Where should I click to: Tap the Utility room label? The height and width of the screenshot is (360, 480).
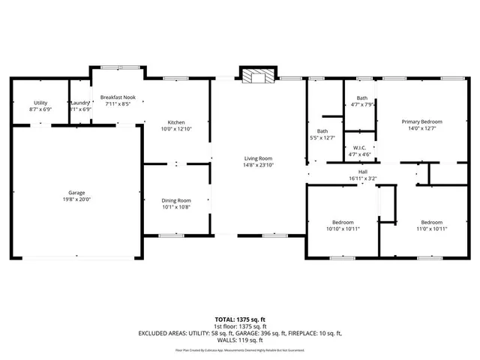tap(40, 103)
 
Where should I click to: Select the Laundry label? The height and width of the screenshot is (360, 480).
tap(80, 103)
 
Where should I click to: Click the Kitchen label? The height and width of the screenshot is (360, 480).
tap(176, 123)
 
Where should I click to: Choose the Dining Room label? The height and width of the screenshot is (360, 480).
tap(176, 200)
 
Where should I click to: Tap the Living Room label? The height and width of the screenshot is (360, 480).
tap(258, 158)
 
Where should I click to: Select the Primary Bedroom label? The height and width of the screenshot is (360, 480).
tap(421, 121)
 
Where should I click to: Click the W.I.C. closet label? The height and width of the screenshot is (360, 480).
tap(358, 148)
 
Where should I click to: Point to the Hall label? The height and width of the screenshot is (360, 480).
tap(362, 172)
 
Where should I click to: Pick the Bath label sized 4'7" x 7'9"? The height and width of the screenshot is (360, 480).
tap(362, 98)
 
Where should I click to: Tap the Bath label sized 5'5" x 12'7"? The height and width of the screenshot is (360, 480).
tap(322, 131)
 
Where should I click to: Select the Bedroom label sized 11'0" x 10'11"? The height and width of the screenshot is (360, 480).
tap(431, 222)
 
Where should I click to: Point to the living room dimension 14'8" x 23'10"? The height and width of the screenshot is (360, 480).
tap(258, 165)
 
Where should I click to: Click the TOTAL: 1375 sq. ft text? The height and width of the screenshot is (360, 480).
tap(240, 319)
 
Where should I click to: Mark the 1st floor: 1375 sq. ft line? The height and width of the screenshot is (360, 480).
tap(240, 326)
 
